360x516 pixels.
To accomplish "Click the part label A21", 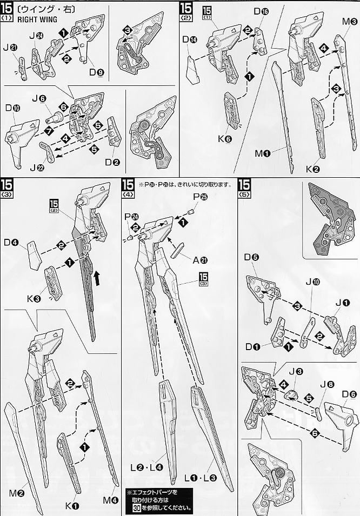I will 200,259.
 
